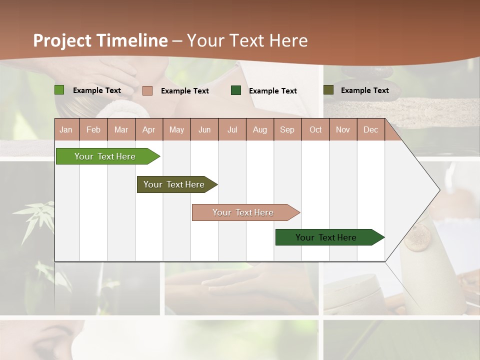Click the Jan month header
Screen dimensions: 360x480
[66, 130]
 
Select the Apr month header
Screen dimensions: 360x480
[148, 130]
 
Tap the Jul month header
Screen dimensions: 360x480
[232, 130]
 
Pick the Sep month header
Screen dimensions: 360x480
[287, 130]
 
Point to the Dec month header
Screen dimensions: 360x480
[370, 130]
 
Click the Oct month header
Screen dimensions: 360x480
[315, 130]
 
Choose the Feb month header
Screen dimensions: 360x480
[93, 130]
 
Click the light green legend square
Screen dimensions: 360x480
[59, 90]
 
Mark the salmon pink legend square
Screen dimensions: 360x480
[147, 90]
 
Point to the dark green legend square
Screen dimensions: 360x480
[236, 90]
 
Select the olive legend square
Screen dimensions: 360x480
[328, 90]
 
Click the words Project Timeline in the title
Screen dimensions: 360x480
[100, 40]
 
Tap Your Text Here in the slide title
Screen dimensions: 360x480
[247, 40]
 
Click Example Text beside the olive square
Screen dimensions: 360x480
[364, 90]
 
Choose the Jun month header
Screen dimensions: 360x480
[204, 130]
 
